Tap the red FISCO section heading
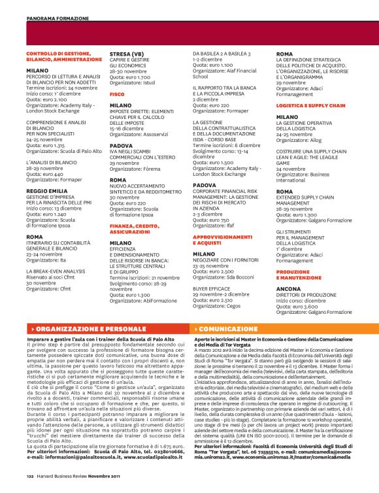(x=117, y=94)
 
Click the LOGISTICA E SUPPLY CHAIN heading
(x=310, y=105)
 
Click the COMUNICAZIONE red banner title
(x=225, y=328)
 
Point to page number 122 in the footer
(x=30, y=477)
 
